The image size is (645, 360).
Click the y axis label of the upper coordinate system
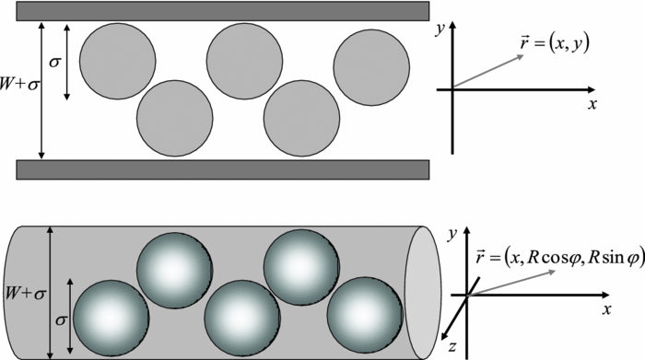pyautogui.click(x=441, y=31)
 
